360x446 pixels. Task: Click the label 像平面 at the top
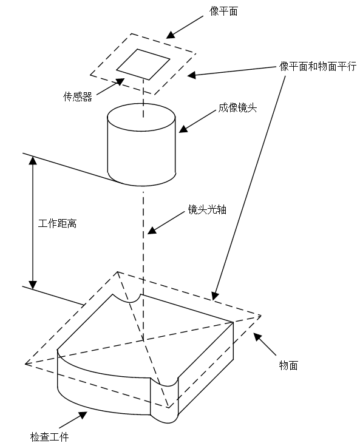[223, 12]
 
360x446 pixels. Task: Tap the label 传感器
[78, 96]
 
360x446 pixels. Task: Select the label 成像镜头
[237, 108]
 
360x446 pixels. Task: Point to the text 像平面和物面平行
[318, 66]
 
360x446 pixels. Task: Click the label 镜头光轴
[207, 209]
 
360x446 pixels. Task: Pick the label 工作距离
[57, 223]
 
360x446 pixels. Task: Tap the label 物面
[288, 365]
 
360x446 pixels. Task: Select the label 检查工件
[49, 437]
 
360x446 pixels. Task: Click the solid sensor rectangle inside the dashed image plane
[143, 64]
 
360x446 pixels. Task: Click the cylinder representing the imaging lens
[141, 145]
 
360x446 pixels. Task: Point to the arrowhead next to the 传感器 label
[120, 82]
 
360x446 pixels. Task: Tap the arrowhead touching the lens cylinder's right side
[183, 129]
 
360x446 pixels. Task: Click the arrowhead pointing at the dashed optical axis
[152, 230]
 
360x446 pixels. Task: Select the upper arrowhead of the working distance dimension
[33, 160]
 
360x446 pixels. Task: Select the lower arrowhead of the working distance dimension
[33, 285]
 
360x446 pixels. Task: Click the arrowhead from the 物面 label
[258, 337]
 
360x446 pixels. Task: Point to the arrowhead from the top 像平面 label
[171, 35]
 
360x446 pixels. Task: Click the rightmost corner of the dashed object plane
[260, 316]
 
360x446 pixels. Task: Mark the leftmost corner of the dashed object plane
[25, 363]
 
